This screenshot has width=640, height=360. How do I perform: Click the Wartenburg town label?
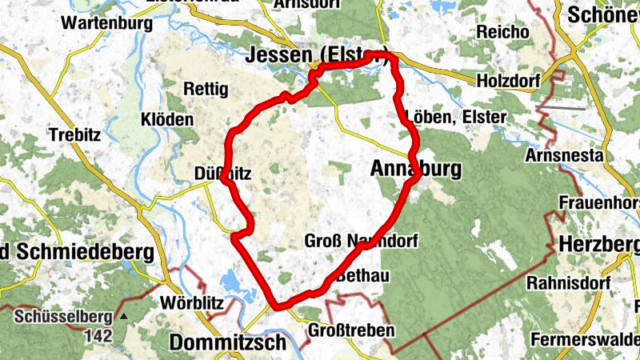106,22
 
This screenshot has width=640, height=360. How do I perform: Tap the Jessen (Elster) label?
318,55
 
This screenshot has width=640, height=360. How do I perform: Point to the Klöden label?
167,120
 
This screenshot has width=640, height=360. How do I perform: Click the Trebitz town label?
74,134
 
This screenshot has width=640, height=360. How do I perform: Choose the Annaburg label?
417,169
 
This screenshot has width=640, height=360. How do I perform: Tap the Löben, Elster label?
456,117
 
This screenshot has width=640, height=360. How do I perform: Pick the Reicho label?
502,32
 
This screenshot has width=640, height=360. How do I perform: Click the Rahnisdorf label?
567,284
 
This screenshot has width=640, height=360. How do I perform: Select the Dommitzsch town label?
227,343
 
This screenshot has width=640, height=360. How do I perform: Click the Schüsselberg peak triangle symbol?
123,316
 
